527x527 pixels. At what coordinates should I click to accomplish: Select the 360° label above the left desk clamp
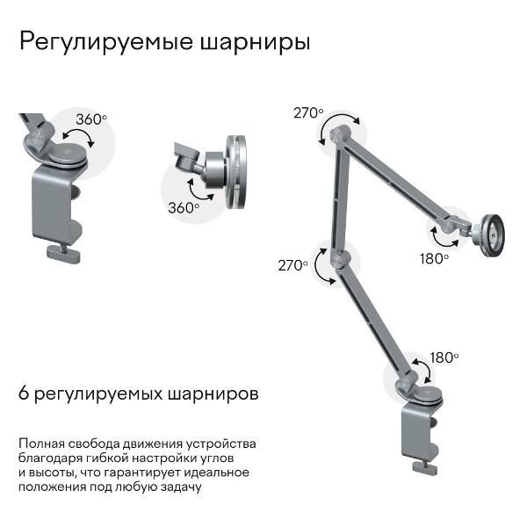[x=91, y=119]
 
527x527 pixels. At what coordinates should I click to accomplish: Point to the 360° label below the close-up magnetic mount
[x=184, y=208]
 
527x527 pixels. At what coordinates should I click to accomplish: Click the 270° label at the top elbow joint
[x=308, y=112]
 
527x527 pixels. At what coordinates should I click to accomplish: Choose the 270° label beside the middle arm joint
[x=292, y=264]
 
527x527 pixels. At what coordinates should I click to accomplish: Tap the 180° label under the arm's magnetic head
[x=434, y=258]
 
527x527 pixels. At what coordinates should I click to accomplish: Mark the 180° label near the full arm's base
[x=444, y=357]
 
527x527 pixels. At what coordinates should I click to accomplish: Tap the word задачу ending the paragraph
[x=181, y=487]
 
